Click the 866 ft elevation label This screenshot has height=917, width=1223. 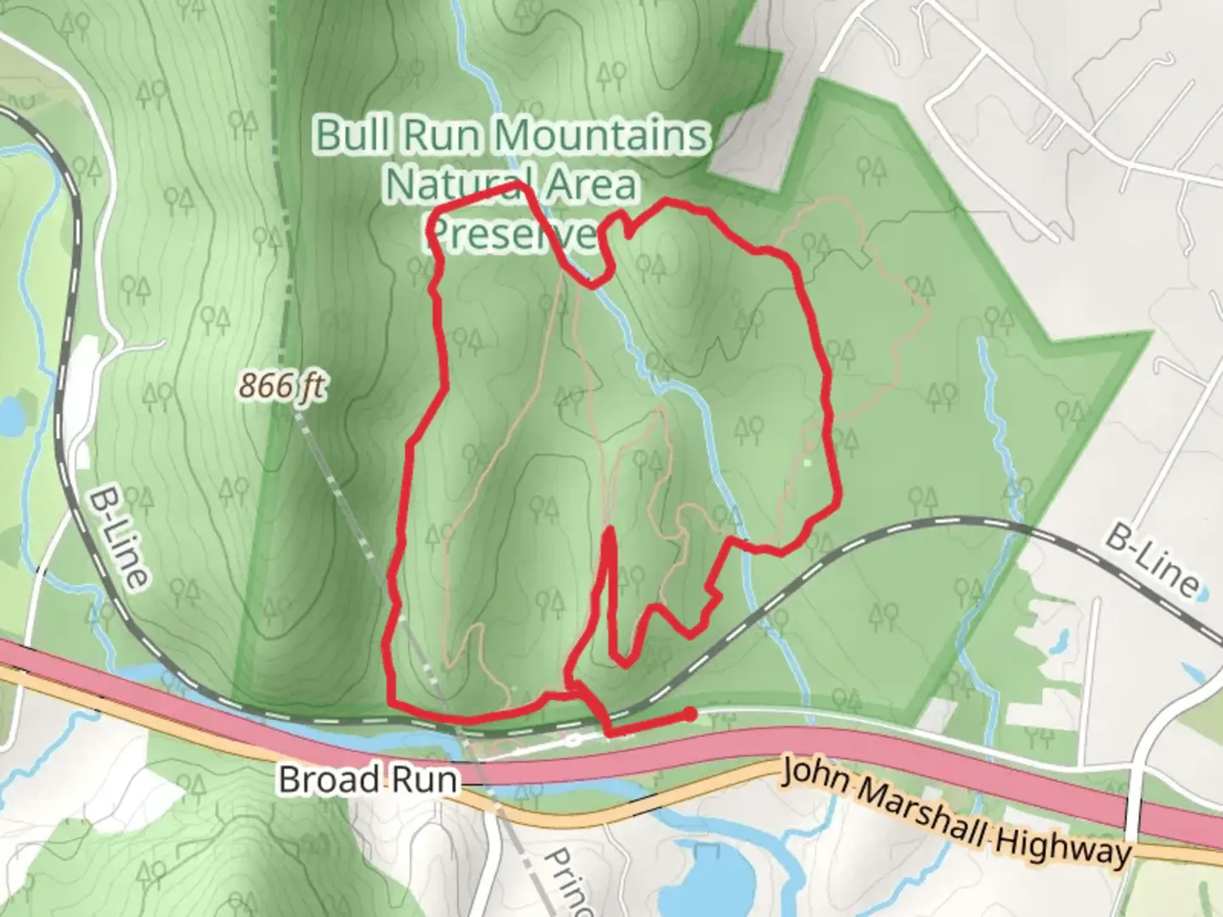click(281, 386)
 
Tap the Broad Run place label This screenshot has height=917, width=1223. click(368, 779)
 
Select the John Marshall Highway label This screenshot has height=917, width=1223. click(956, 812)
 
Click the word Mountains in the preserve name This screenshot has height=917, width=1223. click(602, 136)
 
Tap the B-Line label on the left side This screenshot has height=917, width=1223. click(120, 537)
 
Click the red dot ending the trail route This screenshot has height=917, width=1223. click(691, 714)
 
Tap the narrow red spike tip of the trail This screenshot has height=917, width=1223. click(609, 532)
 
